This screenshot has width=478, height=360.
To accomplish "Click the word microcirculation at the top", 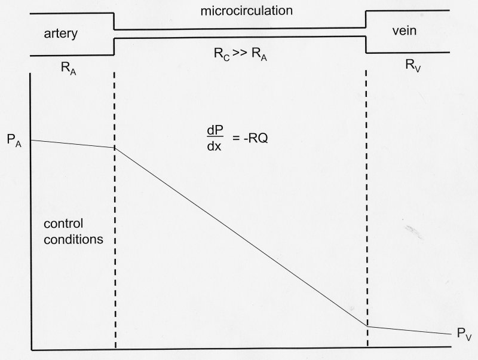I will [x=239, y=10].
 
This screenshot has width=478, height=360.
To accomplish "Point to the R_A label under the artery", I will [x=69, y=70].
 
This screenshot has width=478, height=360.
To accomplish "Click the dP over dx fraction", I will [x=212, y=137].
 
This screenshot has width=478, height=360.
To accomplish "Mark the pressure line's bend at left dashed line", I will [x=115, y=148].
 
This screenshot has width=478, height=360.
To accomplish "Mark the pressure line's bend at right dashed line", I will [x=366, y=326].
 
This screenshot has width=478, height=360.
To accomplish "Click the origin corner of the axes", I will [x=30, y=349].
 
